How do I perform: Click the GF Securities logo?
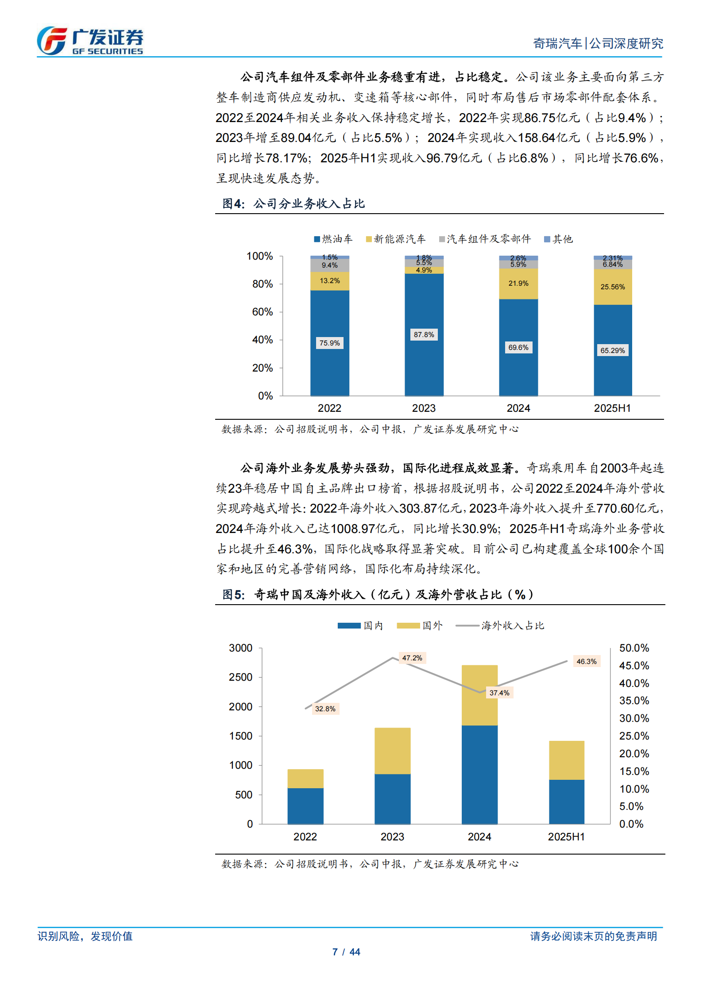point(90,41)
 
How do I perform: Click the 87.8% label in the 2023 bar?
point(424,335)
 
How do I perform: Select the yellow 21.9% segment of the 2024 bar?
point(518,284)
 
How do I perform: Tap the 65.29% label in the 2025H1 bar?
point(612,351)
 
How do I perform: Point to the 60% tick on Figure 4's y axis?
point(262,312)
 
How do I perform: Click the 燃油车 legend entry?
point(333,239)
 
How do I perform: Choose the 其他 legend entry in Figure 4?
point(558,239)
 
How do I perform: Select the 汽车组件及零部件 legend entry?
point(485,239)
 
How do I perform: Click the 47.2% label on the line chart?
point(412,658)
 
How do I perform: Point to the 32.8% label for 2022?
point(325,709)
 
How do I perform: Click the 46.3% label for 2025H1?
point(586,662)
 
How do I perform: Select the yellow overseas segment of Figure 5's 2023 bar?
point(392,751)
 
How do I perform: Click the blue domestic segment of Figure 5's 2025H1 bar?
point(566,801)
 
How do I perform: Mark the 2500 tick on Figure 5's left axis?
point(240,678)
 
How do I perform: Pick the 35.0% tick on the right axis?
point(634,701)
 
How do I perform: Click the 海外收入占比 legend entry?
point(500,626)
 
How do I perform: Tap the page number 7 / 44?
point(346,952)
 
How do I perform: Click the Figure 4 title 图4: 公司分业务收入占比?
point(294,204)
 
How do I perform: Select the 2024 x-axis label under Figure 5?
point(479,837)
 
